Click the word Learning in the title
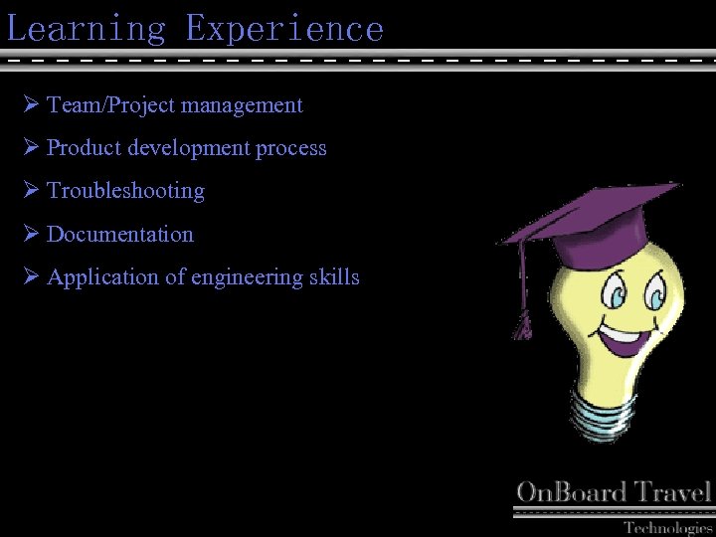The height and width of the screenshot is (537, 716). (87, 28)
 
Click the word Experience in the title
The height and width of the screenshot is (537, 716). (284, 28)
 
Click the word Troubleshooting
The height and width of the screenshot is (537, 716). (125, 191)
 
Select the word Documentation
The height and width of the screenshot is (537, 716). (120, 235)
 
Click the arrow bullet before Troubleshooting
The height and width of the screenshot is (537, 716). (29, 190)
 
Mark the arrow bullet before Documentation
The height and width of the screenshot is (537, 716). (29, 234)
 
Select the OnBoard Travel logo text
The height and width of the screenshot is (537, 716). (614, 492)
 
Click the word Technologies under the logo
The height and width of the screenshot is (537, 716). (667, 527)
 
